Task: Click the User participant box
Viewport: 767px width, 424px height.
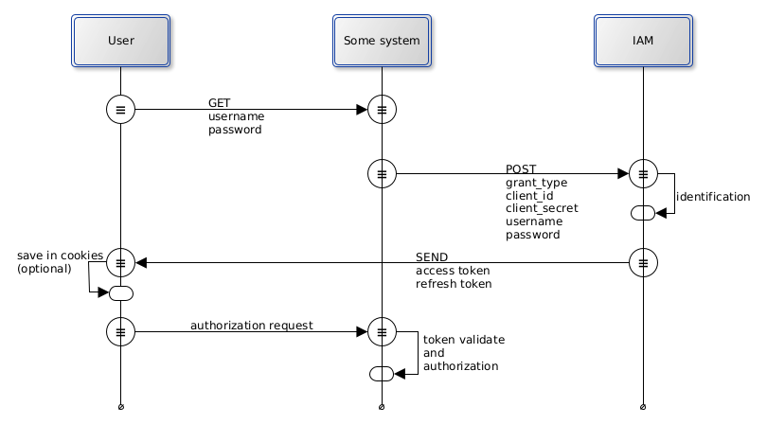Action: coord(121,41)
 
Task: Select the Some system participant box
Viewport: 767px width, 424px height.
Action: coord(382,41)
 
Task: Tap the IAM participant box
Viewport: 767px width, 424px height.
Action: coord(643,41)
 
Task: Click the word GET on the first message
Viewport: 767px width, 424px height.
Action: coord(220,103)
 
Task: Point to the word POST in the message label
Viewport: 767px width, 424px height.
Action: coord(521,168)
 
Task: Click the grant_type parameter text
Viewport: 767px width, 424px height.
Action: coord(536,182)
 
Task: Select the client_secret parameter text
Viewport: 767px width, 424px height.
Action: coord(542,208)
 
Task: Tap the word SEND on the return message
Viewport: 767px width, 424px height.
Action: coord(432,256)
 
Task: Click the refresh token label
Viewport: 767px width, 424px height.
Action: coord(454,283)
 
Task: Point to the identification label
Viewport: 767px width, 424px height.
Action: coord(712,197)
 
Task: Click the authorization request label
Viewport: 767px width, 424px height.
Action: coord(252,326)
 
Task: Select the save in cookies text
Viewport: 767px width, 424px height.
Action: coord(60,256)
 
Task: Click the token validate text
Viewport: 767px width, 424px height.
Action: coord(463,339)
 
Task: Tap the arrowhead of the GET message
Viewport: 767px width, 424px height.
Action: coord(362,110)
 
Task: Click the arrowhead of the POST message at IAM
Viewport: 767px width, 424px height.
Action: coord(623,174)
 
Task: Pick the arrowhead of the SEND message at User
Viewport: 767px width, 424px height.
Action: coord(141,263)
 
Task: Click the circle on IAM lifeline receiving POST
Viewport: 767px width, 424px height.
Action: coord(643,174)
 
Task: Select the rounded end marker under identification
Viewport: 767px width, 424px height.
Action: coord(643,213)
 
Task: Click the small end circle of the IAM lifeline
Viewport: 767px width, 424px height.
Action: coord(643,407)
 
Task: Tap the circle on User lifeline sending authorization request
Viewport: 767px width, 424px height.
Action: coord(121,332)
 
